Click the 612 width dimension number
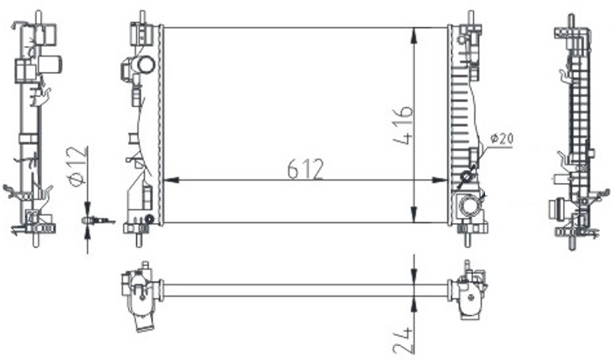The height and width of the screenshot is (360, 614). coord(305,169)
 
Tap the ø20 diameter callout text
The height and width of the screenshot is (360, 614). coord(501,138)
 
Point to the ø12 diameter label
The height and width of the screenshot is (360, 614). coord(76,166)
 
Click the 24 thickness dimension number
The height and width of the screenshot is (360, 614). coord(403,340)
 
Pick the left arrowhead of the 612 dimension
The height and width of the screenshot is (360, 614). coord(170,180)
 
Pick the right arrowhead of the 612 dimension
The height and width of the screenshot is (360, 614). coord(439,180)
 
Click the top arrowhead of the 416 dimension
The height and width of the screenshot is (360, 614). coord(414,35)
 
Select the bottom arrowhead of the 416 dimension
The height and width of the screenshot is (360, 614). coord(414,215)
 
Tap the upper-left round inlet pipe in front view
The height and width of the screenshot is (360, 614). coord(145,65)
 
